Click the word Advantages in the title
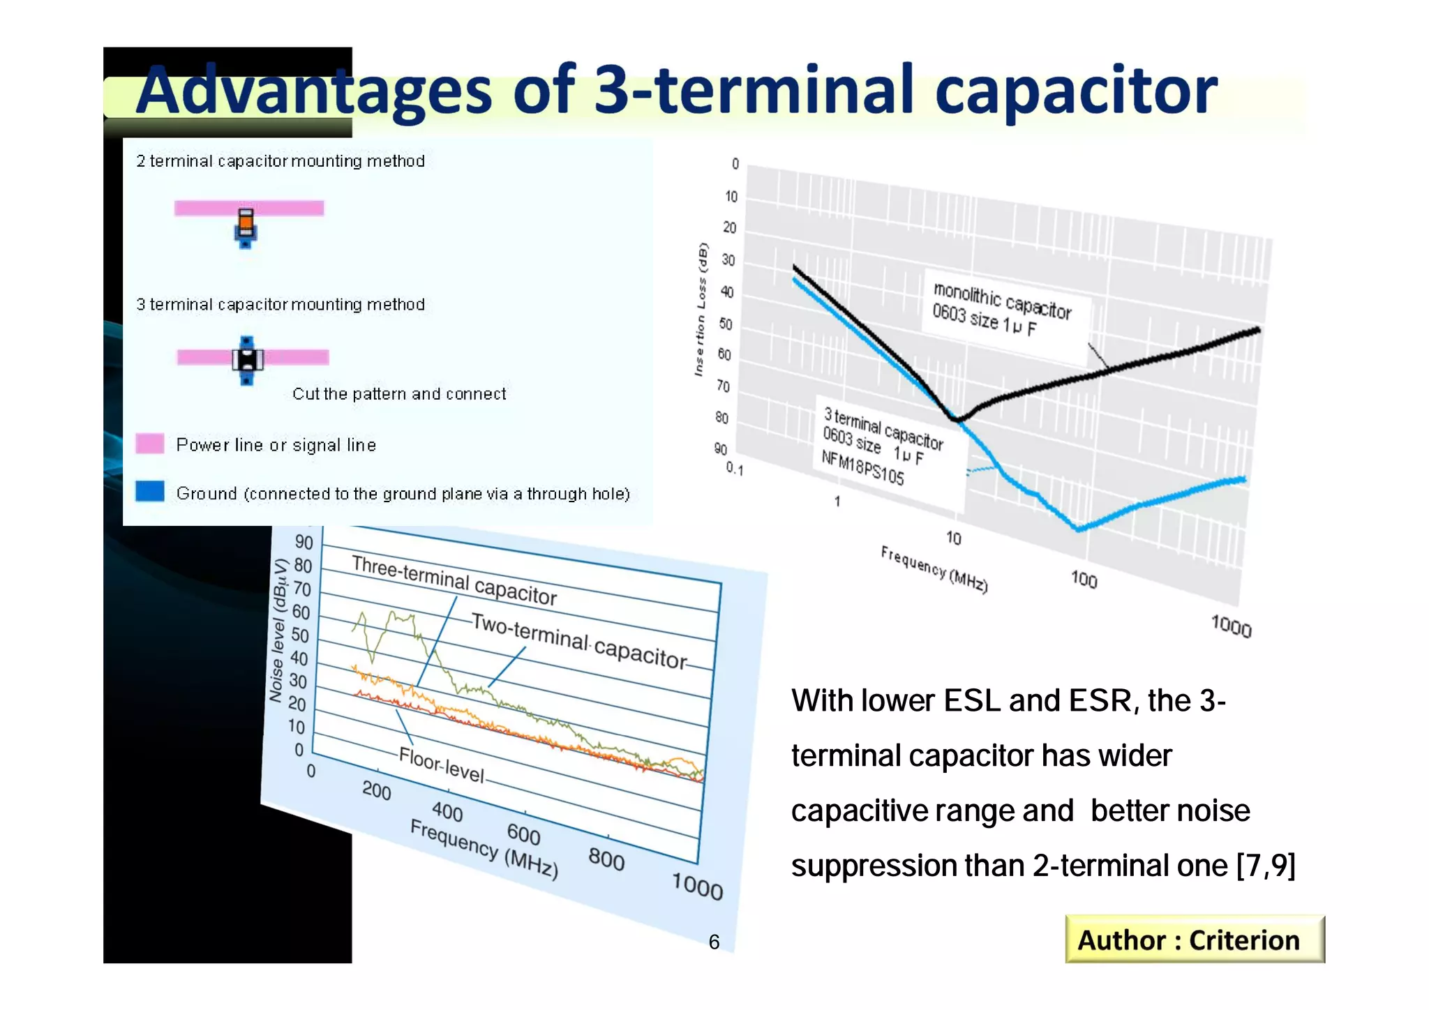point(314,91)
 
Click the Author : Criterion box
point(1194,940)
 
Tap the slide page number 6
point(714,942)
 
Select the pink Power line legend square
point(150,444)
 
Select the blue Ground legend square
point(150,491)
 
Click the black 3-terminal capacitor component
point(247,359)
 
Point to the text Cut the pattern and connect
point(399,394)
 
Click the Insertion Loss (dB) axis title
point(700,310)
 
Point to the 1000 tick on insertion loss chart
point(1231,626)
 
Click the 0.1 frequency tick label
point(735,469)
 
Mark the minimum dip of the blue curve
point(1079,529)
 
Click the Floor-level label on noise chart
point(441,764)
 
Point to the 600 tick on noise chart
point(523,834)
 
